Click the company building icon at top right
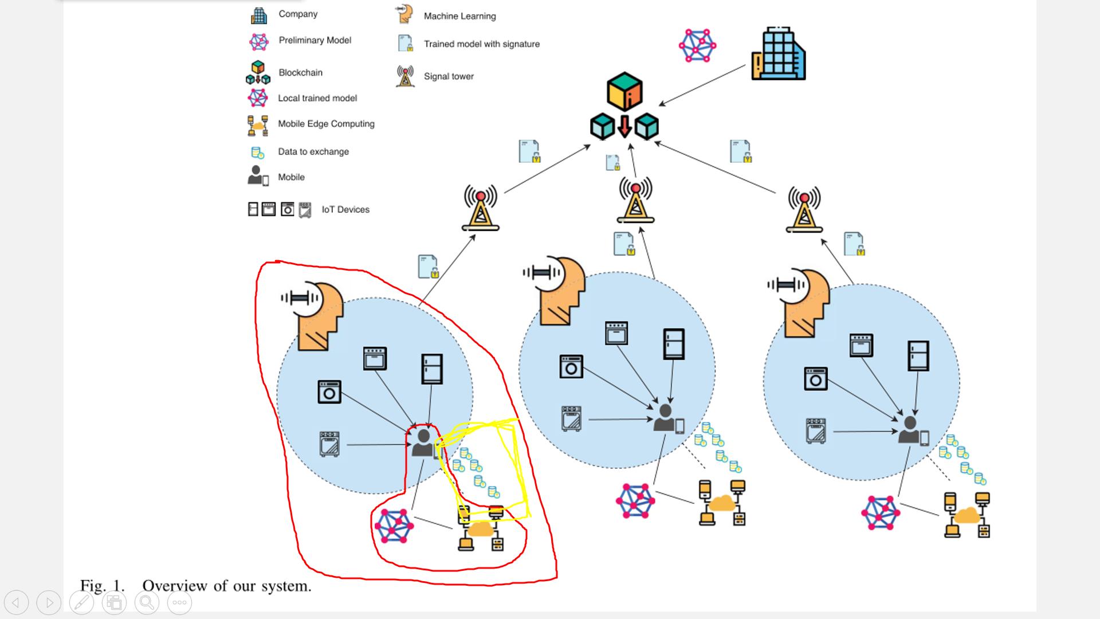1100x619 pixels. coord(778,54)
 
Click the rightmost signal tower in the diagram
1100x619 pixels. coord(804,209)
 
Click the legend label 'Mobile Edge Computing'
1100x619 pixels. coord(326,124)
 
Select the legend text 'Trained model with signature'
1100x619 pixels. coord(481,44)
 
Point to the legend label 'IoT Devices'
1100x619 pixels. coord(345,210)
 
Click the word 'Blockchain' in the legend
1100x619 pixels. coord(300,73)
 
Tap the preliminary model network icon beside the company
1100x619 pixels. coord(697,45)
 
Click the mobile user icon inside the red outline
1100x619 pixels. coord(424,443)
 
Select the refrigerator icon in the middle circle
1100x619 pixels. coord(674,344)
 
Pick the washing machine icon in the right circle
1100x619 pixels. coord(815,379)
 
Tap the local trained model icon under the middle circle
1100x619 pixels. coord(635,500)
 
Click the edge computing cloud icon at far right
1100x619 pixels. coord(967,515)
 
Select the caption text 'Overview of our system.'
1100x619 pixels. coord(226,586)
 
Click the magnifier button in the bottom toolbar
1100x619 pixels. coord(147,602)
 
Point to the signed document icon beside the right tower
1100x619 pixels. coord(854,244)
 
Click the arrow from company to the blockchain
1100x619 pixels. coord(702,85)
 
